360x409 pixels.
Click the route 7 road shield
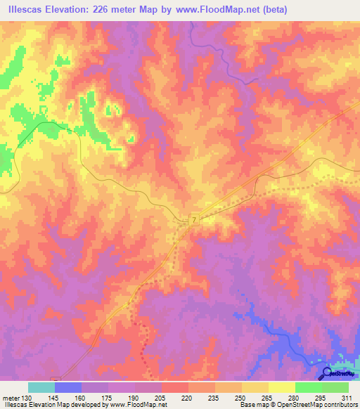point(193,221)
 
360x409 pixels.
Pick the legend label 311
point(347,397)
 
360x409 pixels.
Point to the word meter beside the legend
point(11,397)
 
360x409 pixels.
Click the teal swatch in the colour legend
point(41,387)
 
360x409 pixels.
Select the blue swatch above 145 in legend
point(68,387)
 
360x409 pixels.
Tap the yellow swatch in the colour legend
point(282,387)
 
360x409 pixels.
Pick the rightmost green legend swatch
point(335,387)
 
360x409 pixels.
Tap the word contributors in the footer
point(339,405)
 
